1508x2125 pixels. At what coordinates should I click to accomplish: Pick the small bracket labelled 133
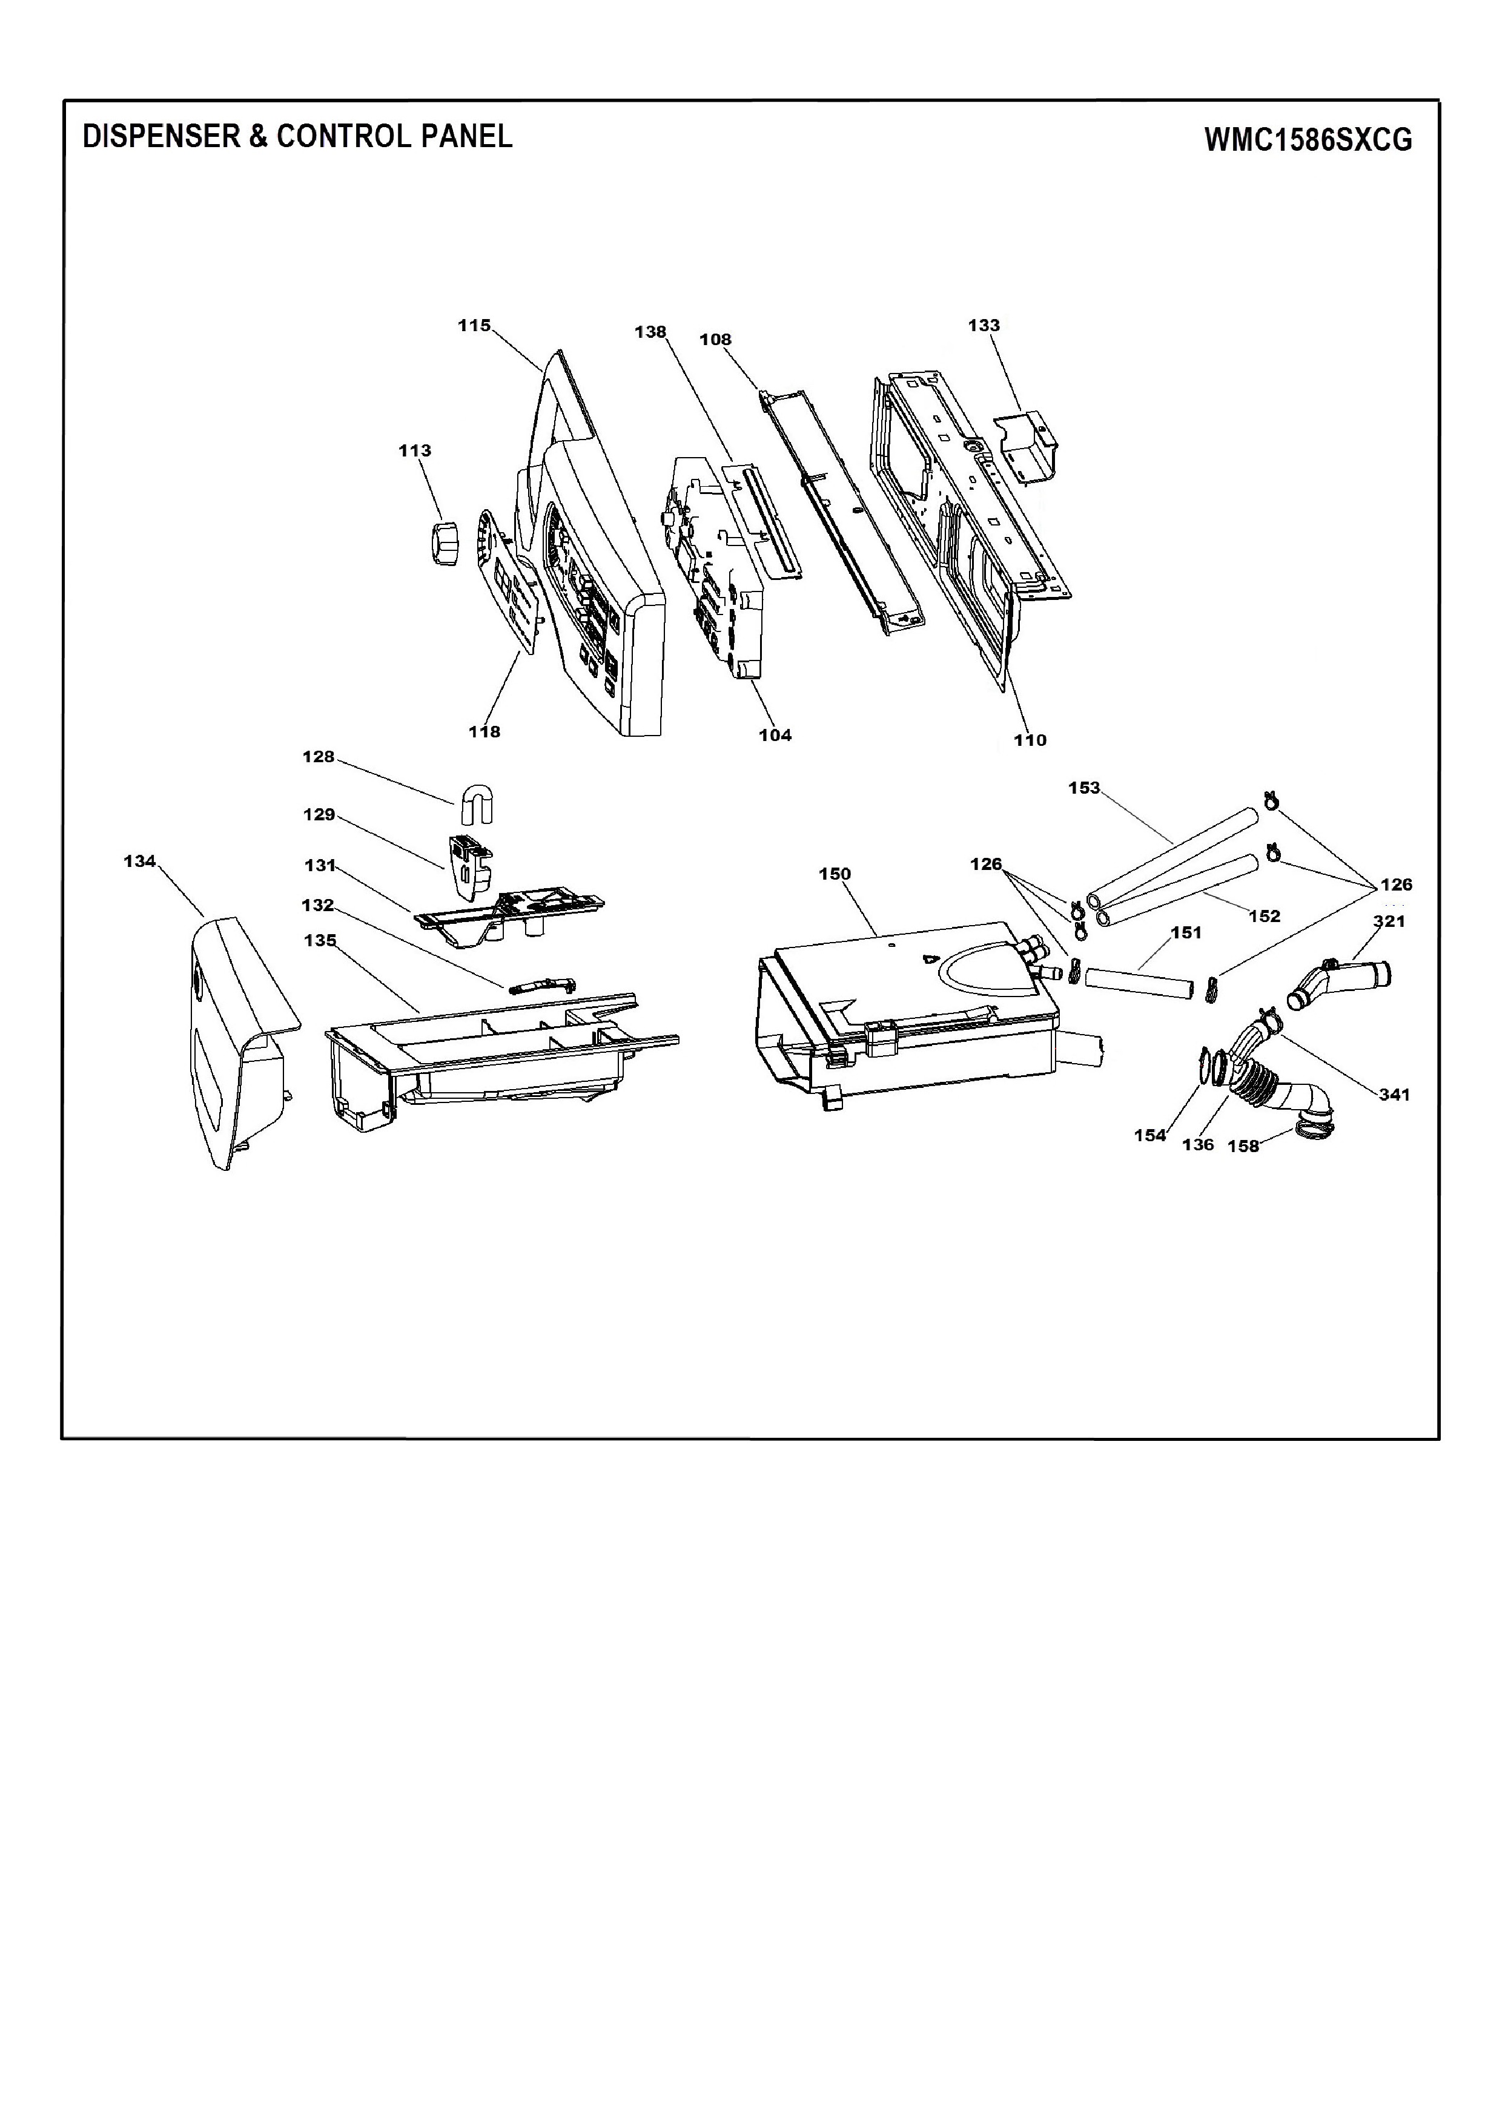click(x=1024, y=449)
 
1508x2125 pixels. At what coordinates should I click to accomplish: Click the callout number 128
click(x=319, y=757)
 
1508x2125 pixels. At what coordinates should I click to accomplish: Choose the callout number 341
click(x=1395, y=1095)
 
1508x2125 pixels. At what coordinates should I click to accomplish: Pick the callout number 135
click(x=320, y=940)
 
